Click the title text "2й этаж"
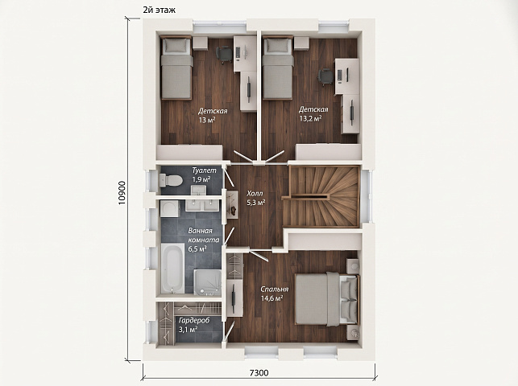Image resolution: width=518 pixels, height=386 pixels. point(159,10)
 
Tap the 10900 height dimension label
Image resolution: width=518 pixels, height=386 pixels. point(122,192)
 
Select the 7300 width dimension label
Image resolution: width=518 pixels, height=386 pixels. point(259,373)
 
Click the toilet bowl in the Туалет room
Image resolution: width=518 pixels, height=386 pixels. point(171,180)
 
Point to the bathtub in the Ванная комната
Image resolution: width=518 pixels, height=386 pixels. point(172,268)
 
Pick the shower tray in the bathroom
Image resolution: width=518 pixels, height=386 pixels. point(208,281)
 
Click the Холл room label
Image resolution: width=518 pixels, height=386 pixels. point(255,194)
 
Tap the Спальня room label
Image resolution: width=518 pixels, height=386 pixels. point(274,289)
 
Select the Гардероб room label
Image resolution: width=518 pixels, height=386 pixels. point(194,320)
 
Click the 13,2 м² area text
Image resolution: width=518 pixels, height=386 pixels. point(310,118)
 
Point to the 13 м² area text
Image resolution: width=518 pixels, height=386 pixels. point(207,120)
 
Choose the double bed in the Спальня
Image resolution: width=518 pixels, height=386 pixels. point(327,298)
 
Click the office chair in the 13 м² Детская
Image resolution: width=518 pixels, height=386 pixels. point(224,54)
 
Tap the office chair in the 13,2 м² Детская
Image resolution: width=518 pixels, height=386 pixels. point(325,77)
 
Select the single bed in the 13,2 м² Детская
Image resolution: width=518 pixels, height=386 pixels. point(278,68)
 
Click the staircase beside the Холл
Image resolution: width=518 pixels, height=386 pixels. point(324,196)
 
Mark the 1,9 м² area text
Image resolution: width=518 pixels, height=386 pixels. point(201,179)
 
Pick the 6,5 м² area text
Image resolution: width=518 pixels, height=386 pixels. point(197,248)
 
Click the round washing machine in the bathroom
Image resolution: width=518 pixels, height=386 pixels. point(170,208)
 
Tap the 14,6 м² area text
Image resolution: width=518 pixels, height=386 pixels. point(271,298)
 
